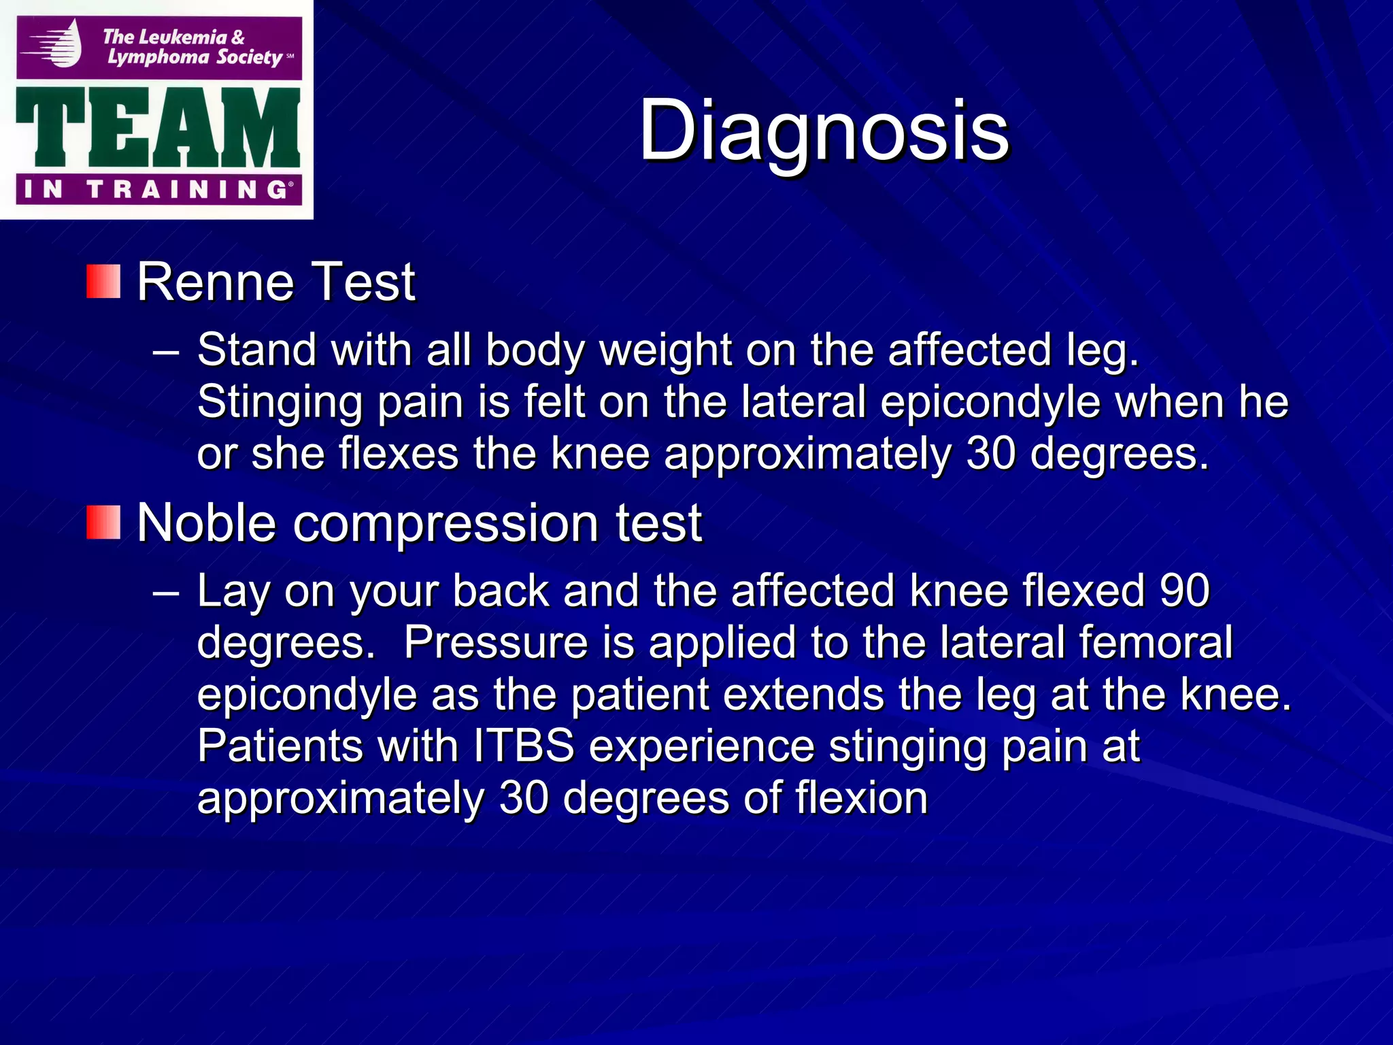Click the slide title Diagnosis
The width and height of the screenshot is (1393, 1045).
824,131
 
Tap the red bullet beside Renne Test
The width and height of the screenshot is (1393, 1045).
103,282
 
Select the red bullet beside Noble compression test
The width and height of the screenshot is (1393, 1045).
103,522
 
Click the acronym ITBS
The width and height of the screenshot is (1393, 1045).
524,746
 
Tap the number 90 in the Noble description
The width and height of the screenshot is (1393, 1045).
1185,590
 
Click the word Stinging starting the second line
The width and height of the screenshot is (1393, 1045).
280,403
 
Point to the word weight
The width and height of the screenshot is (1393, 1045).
665,351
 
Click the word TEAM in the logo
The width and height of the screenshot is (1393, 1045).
158,128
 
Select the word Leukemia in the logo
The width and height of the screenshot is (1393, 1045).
184,37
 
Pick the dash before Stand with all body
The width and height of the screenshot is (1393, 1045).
166,352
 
